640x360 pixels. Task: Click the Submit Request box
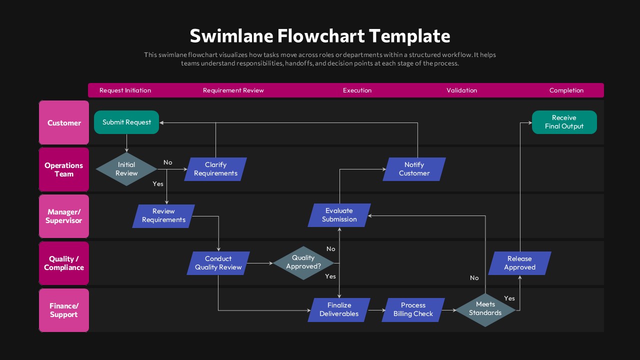click(126, 122)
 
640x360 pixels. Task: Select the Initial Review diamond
click(126, 169)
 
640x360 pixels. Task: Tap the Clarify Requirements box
click(215, 169)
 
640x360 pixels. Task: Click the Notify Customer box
click(414, 169)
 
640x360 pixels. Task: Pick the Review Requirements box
click(163, 215)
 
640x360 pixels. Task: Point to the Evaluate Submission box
click(339, 215)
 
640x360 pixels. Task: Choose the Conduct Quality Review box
click(218, 263)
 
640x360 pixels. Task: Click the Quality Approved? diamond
click(303, 262)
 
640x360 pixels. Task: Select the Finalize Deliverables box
click(339, 309)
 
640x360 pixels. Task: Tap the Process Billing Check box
click(413, 309)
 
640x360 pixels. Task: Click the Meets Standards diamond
click(485, 308)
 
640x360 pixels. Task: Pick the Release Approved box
click(519, 263)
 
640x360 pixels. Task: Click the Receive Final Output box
click(564, 122)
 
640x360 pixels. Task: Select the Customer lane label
click(64, 123)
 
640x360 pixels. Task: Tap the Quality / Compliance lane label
click(64, 263)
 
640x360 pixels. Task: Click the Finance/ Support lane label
click(64, 310)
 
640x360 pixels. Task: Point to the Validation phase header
click(461, 90)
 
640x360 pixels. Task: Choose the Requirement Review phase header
click(233, 90)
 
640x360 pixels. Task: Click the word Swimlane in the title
click(231, 36)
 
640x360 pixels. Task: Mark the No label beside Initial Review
click(168, 162)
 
